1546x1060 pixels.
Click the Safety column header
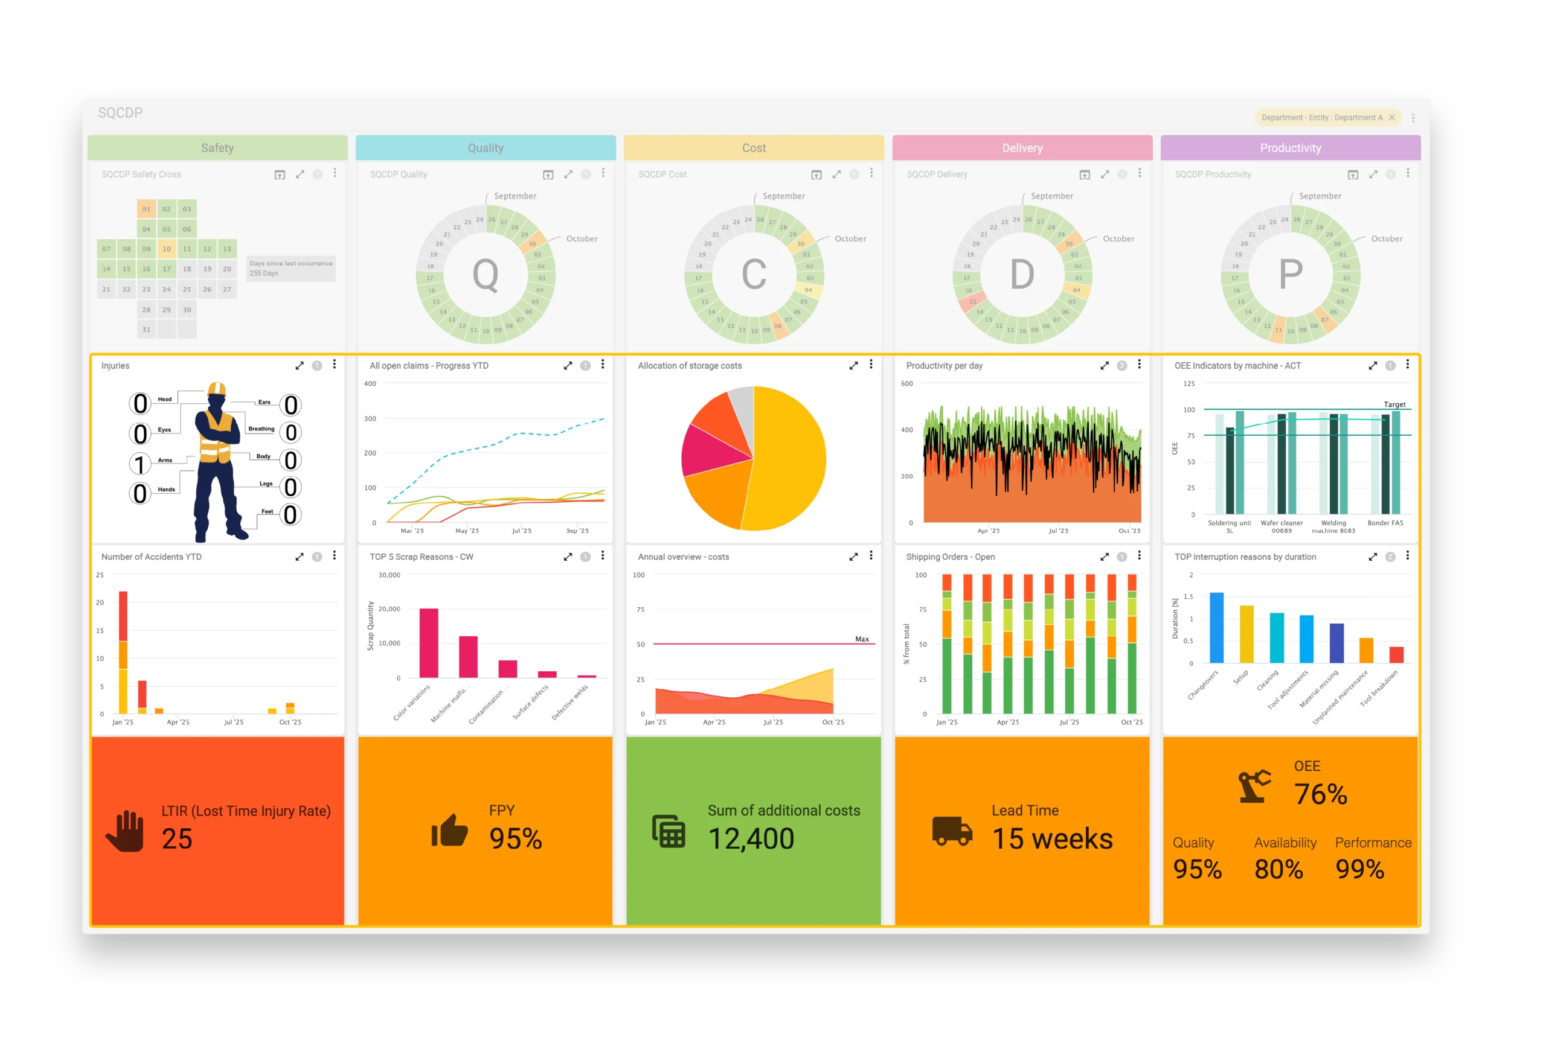point(217,148)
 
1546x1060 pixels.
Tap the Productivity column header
point(1290,148)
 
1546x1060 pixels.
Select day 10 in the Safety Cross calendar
point(166,249)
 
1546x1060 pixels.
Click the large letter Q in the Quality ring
point(486,275)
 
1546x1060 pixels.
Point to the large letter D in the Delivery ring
point(1022,275)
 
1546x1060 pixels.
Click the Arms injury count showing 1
point(140,464)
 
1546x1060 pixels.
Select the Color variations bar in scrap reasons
point(428,642)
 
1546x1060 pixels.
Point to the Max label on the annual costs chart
point(862,639)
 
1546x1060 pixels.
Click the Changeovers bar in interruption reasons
point(1216,628)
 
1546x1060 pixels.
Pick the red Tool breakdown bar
point(1396,654)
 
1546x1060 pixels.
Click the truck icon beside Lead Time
point(952,831)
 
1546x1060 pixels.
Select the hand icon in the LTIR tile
point(125,831)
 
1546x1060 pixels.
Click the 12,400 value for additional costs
point(751,838)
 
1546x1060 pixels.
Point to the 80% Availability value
point(1278,869)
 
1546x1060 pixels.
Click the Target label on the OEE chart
point(1394,404)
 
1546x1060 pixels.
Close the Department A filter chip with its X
point(1391,118)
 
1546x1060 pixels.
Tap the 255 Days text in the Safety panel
point(264,273)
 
